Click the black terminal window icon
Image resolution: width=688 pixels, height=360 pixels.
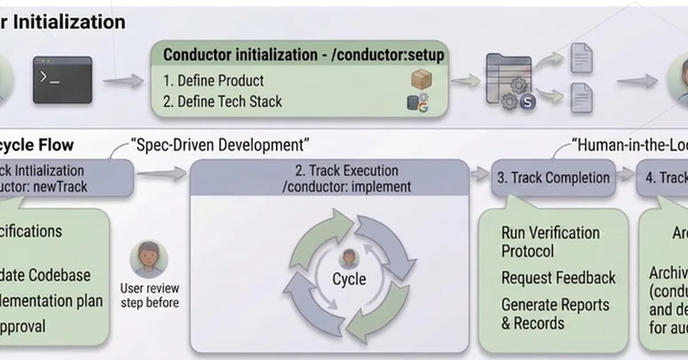pos(62,80)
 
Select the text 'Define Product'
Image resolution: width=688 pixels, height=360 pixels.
pos(220,80)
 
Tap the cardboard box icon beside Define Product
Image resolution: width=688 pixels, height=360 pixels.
pos(421,79)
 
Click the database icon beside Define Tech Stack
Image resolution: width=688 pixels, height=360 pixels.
pos(413,103)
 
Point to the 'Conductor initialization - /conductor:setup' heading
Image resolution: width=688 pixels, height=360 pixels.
pos(303,55)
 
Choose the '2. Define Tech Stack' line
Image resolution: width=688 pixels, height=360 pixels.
pos(222,101)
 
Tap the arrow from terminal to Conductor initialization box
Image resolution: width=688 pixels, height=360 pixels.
pos(123,81)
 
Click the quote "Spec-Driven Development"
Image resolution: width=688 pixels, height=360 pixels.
pos(220,144)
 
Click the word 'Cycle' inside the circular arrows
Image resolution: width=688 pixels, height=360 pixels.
pos(349,279)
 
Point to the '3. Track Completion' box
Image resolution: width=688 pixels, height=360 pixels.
pos(553,178)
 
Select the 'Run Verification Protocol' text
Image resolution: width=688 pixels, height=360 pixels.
pos(550,241)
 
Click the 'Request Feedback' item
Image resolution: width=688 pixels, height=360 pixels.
pos(558,278)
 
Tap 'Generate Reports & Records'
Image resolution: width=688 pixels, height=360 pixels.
pos(555,314)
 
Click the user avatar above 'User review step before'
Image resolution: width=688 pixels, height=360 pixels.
pos(149,259)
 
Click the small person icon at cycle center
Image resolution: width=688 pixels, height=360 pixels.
pos(349,259)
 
